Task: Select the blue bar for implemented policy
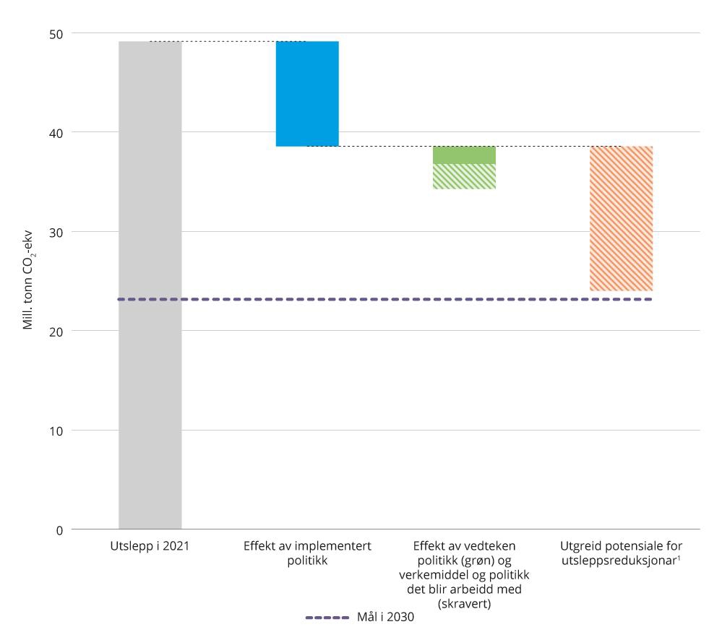(x=307, y=94)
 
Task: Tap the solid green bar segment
(x=464, y=155)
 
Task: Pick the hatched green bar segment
(x=464, y=176)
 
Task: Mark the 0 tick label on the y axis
(x=59, y=530)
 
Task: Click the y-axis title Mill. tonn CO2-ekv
(x=28, y=282)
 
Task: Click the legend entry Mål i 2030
(x=385, y=618)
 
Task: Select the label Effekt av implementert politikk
(x=307, y=553)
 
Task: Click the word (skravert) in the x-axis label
(x=464, y=604)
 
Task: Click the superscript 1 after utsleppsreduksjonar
(x=679, y=558)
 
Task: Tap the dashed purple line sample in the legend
(x=327, y=618)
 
